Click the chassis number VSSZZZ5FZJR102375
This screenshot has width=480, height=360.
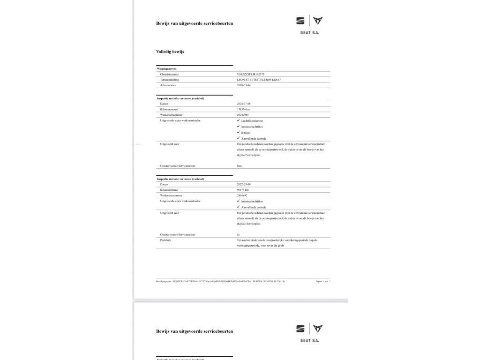pyautogui.click(x=251, y=74)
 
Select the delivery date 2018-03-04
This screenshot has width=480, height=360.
pyautogui.click(x=244, y=85)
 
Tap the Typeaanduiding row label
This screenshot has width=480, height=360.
pyautogui.click(x=169, y=80)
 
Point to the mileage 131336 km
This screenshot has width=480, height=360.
pyautogui.click(x=243, y=109)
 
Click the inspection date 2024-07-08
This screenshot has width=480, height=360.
pyautogui.click(x=244, y=104)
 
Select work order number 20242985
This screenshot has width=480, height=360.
pyautogui.click(x=243, y=115)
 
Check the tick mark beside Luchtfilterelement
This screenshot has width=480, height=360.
pyautogui.click(x=239, y=120)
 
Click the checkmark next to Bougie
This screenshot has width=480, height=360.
pyautogui.click(x=239, y=132)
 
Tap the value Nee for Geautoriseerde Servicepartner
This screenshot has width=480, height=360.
pyautogui.click(x=240, y=166)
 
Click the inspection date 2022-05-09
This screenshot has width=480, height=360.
pyautogui.click(x=244, y=184)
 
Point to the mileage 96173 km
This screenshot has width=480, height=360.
pyautogui.click(x=243, y=190)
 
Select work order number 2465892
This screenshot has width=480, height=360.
pyautogui.click(x=242, y=195)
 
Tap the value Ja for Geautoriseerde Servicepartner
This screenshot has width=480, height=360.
pyautogui.click(x=239, y=234)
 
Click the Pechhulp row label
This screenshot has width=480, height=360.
pyautogui.click(x=165, y=240)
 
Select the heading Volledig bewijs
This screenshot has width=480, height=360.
pyautogui.click(x=170, y=52)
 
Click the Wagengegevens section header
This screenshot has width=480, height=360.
pyautogui.click(x=167, y=69)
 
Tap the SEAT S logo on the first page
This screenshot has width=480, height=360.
pyautogui.click(x=300, y=21)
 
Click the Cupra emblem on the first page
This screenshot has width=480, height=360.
pyautogui.click(x=318, y=21)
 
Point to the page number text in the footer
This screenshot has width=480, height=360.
pyautogui.click(x=323, y=281)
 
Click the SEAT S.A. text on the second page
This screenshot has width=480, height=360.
pyautogui.click(x=309, y=340)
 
